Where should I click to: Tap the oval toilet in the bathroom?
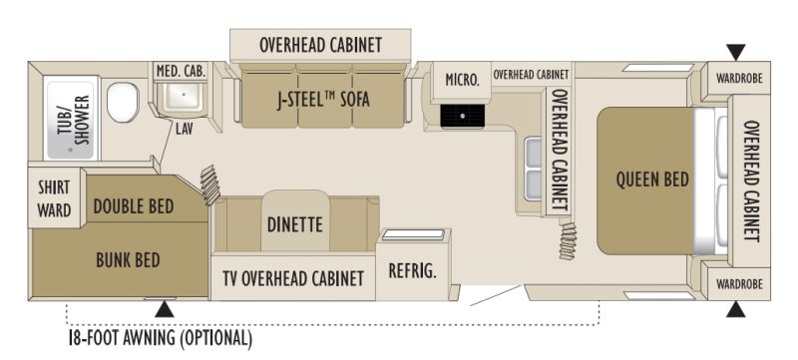click(x=123, y=103)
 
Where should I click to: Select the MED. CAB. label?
click(x=181, y=72)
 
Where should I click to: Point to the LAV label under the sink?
click(x=185, y=131)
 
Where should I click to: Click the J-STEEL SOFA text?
click(x=323, y=100)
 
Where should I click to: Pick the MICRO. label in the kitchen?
click(x=462, y=80)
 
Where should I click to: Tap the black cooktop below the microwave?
click(x=462, y=116)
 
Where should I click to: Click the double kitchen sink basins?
click(x=534, y=170)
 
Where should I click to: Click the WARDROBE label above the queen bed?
click(x=739, y=79)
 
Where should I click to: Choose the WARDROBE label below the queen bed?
click(x=739, y=284)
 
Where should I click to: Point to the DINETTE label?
click(x=295, y=224)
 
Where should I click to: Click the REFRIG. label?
click(x=413, y=271)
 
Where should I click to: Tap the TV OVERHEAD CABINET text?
click(x=293, y=278)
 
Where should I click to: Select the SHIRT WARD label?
click(x=54, y=198)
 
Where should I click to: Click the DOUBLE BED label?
click(x=134, y=207)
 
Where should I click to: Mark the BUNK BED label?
click(x=129, y=260)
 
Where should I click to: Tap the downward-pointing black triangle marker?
click(x=735, y=52)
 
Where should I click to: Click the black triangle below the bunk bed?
click(x=164, y=309)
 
